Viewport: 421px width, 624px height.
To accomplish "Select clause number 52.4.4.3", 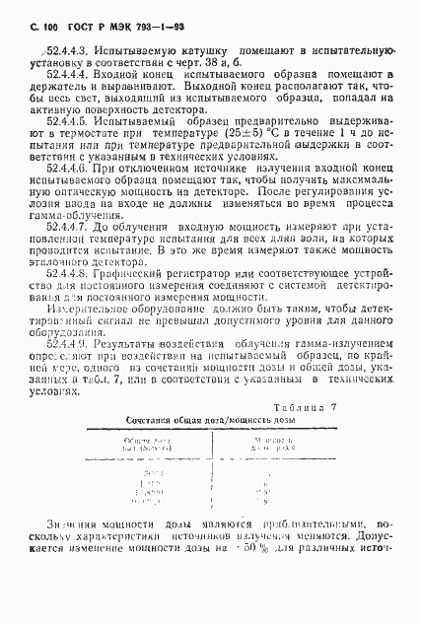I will pyautogui.click(x=59, y=47).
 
